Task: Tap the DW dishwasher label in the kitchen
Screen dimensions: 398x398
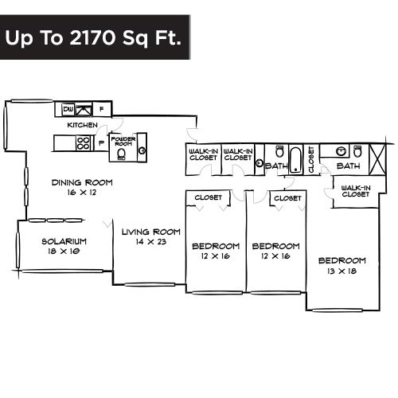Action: tap(68, 109)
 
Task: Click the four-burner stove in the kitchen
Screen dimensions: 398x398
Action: tap(81, 142)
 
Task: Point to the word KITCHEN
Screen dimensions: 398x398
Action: tap(82, 125)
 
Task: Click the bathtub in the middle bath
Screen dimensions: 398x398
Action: tap(295, 159)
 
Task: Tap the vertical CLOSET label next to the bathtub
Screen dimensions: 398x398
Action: tap(310, 158)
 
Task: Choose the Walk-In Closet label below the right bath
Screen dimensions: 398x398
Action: tap(354, 191)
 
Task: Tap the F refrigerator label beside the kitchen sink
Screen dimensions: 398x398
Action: tap(111, 109)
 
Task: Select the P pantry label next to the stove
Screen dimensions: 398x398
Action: tap(100, 142)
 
